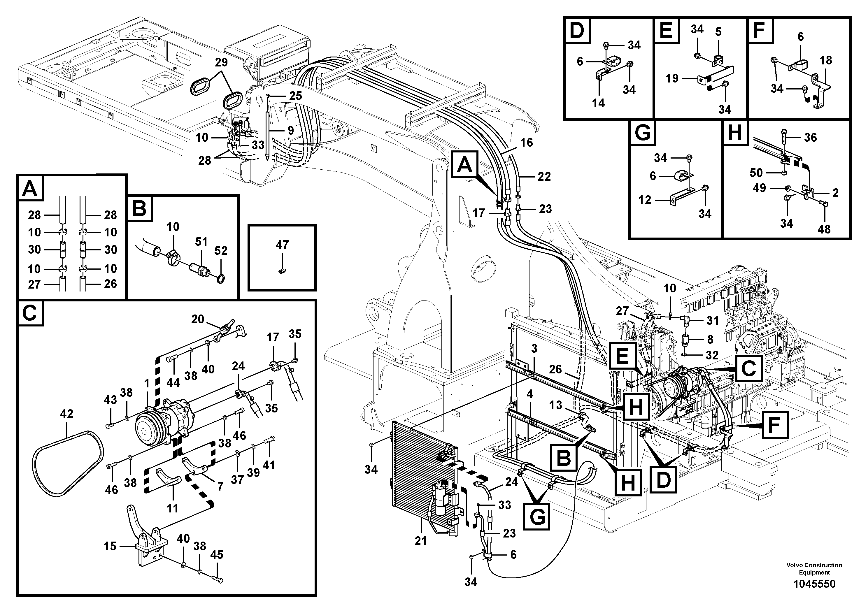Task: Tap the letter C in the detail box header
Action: coord(29,313)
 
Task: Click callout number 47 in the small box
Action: coord(282,245)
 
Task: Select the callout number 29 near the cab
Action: coord(221,63)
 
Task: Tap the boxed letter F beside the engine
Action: coord(774,425)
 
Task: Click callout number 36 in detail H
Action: coord(810,138)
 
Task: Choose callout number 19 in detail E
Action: coord(672,79)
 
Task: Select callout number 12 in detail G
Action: coord(645,200)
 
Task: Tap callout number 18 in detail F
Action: coord(826,60)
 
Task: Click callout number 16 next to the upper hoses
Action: coord(526,143)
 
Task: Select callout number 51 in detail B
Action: coord(201,242)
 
